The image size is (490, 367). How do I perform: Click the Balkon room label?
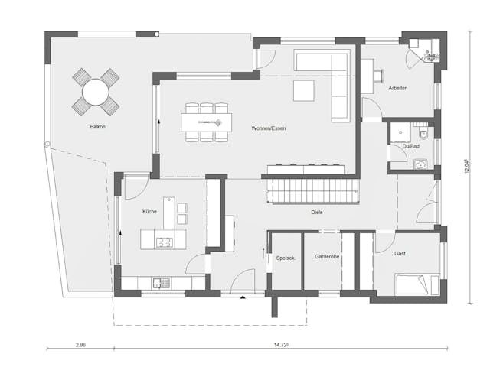coord(97,126)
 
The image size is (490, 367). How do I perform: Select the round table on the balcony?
coord(96,93)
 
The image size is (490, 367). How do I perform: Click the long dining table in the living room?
coord(206,121)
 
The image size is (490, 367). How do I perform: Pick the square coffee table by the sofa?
coord(304,91)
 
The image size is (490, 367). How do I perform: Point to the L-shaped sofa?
coord(329,76)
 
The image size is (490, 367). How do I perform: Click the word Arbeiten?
coord(398,88)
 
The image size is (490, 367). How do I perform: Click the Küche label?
coord(149,212)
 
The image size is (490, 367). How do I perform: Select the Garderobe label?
coord(326,258)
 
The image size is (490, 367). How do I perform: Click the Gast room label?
coord(400,252)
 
